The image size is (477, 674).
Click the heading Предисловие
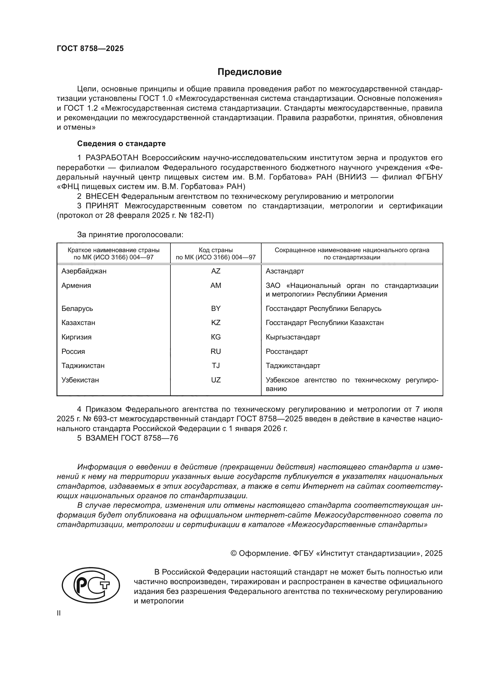(x=249, y=72)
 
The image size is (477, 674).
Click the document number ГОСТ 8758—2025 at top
(x=90, y=48)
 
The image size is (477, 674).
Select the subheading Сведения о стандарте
(x=121, y=144)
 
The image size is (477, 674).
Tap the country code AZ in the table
(x=216, y=271)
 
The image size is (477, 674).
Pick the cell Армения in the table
(x=76, y=285)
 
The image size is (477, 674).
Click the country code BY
(x=216, y=308)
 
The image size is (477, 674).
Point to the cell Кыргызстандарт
(x=293, y=337)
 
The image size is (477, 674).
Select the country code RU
(x=216, y=351)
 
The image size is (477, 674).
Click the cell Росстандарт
(x=287, y=351)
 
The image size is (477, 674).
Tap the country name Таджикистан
(x=83, y=365)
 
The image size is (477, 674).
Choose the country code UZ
(x=216, y=380)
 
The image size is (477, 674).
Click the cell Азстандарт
(x=285, y=271)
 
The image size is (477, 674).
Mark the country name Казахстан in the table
(x=78, y=323)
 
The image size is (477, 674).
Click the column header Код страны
(x=216, y=250)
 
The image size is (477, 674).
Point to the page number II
(x=59, y=613)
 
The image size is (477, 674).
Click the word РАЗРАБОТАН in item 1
(x=112, y=158)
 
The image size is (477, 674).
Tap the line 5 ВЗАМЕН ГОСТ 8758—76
(x=127, y=438)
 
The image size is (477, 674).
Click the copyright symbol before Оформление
(x=234, y=553)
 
